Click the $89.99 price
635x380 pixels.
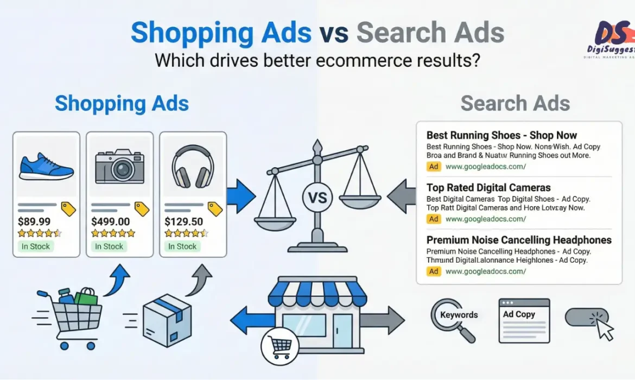(x=35, y=221)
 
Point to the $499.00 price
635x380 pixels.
(x=111, y=221)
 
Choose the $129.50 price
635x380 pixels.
(x=184, y=221)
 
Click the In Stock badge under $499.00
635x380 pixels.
(x=109, y=246)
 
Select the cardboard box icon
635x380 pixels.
(x=167, y=320)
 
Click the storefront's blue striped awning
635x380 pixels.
(x=317, y=294)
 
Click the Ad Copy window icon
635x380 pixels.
(x=524, y=320)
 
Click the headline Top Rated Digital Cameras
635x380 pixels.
(x=488, y=188)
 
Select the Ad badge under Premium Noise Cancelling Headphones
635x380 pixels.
(x=434, y=271)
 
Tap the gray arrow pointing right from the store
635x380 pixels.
(x=389, y=320)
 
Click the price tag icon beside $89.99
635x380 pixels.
(x=68, y=209)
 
